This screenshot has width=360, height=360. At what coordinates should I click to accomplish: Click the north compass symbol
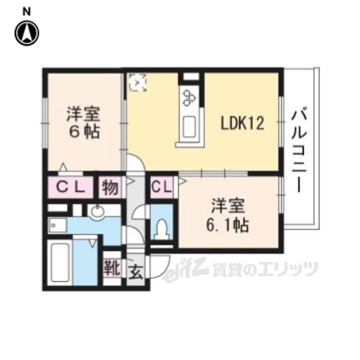click(x=27, y=33)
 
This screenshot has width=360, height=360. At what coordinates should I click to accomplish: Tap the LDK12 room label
click(x=242, y=123)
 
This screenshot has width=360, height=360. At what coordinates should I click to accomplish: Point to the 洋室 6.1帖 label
click(x=227, y=215)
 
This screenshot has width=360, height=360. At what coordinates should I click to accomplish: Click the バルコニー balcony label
click(x=299, y=151)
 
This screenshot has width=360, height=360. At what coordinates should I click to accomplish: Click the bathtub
click(x=60, y=263)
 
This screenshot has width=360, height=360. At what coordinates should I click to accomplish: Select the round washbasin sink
click(x=97, y=211)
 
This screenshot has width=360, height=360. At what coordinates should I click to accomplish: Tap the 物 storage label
click(x=110, y=187)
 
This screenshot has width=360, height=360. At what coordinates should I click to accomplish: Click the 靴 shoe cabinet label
click(x=112, y=268)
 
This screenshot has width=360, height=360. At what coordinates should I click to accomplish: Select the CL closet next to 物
click(x=70, y=187)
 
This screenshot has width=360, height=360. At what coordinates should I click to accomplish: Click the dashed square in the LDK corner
click(x=137, y=83)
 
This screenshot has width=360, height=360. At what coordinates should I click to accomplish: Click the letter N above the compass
click(x=27, y=12)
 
